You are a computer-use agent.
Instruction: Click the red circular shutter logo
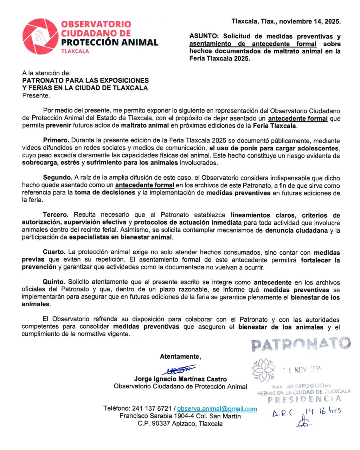pos(40,37)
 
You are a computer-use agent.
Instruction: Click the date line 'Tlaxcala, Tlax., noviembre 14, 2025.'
pos(286,21)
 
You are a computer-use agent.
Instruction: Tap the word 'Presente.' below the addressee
pos(36,95)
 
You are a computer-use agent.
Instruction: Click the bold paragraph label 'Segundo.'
pos(57,178)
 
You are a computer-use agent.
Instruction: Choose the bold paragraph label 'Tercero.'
pos(56,215)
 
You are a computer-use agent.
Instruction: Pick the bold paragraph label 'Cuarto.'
pos(54,252)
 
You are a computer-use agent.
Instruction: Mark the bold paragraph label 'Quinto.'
pos(54,282)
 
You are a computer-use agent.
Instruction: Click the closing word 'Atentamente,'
pos(180,356)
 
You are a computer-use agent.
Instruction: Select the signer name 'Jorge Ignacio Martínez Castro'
pos(180,379)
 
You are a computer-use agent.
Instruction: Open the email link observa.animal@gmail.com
pos(217,409)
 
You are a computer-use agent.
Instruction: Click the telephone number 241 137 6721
pos(152,409)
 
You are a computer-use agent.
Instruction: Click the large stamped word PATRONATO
pos(301,344)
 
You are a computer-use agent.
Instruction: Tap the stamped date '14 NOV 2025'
pos(302,369)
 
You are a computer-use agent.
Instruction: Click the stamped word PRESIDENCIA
pos(304,399)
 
